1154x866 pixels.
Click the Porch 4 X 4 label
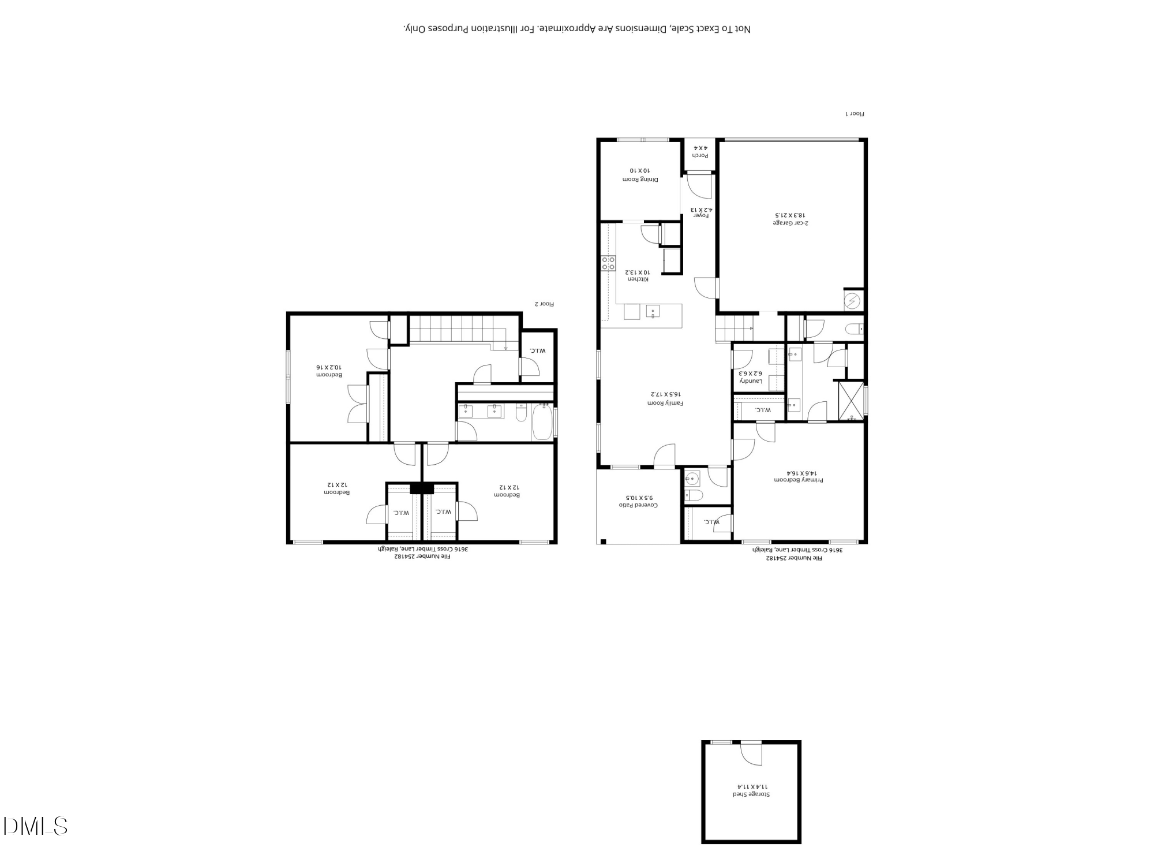[x=700, y=152]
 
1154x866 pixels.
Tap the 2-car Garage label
[x=790, y=218]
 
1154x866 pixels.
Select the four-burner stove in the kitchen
[x=608, y=264]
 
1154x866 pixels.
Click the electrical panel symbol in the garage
[x=853, y=301]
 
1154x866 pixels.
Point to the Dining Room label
[x=640, y=175]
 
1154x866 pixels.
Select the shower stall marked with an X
[x=852, y=400]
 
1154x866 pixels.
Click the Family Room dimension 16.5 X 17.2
[x=666, y=394]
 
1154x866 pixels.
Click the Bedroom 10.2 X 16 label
[x=329, y=371]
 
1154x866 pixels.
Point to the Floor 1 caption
[x=855, y=114]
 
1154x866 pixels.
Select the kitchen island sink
[x=653, y=312]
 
